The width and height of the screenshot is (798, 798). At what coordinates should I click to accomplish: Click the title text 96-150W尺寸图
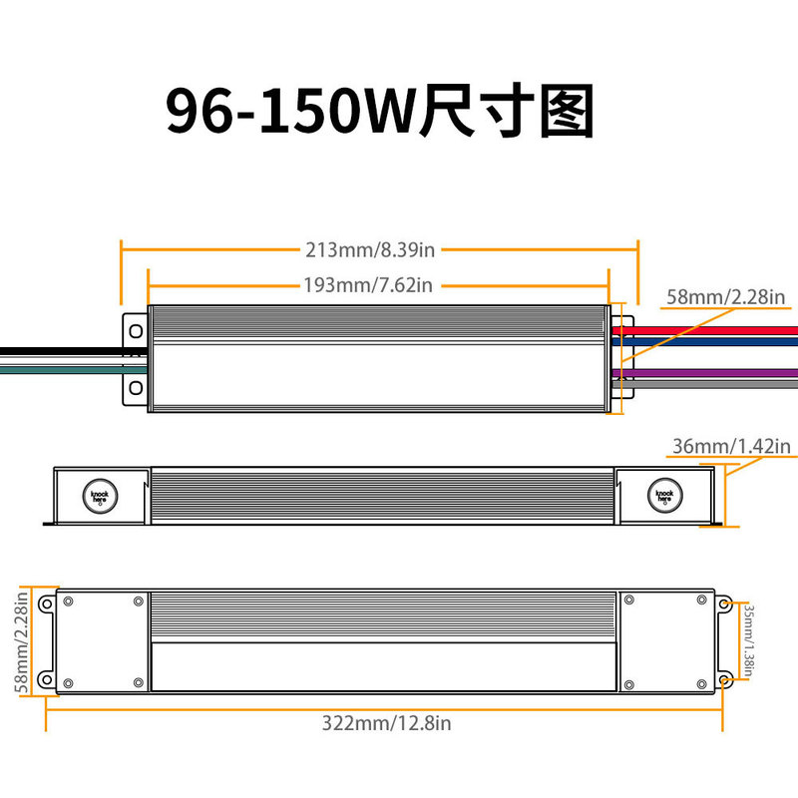[379, 112]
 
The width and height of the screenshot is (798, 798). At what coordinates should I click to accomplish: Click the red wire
[708, 329]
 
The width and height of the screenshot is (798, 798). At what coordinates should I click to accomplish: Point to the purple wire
[708, 372]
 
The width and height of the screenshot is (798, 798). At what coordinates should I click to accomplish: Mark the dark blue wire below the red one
[708, 340]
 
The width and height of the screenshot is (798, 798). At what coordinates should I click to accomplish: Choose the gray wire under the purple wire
[708, 382]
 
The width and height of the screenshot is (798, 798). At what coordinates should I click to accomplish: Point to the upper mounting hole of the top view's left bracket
[134, 330]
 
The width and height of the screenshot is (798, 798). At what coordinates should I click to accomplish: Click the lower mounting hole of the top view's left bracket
[134, 386]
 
